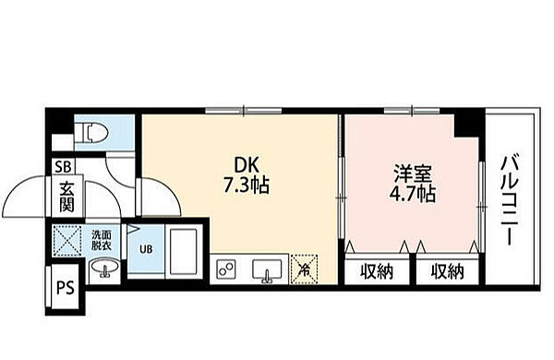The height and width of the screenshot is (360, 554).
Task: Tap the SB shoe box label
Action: click(x=63, y=166)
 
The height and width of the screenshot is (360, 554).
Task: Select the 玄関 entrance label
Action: click(x=66, y=198)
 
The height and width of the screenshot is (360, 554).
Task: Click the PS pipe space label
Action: click(x=66, y=287)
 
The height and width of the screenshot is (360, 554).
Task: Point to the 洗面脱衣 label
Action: click(x=102, y=240)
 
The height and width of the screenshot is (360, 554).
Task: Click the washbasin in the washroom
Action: click(x=104, y=267)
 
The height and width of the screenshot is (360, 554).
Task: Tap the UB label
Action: click(x=146, y=249)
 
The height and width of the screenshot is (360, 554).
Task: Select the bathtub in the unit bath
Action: click(x=184, y=251)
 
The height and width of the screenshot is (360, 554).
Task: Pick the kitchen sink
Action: click(x=267, y=270)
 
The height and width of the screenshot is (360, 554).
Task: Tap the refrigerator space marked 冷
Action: click(x=304, y=270)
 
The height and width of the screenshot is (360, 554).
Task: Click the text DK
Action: click(x=247, y=165)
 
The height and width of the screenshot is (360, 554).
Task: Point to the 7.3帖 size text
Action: click(x=247, y=186)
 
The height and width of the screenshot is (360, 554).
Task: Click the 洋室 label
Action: click(x=413, y=174)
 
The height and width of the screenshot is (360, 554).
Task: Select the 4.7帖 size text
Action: click(x=413, y=193)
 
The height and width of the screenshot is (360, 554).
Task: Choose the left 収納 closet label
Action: click(x=377, y=272)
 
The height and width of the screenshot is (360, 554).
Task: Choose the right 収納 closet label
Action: click(x=447, y=272)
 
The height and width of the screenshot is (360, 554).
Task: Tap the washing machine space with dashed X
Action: click(x=67, y=240)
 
